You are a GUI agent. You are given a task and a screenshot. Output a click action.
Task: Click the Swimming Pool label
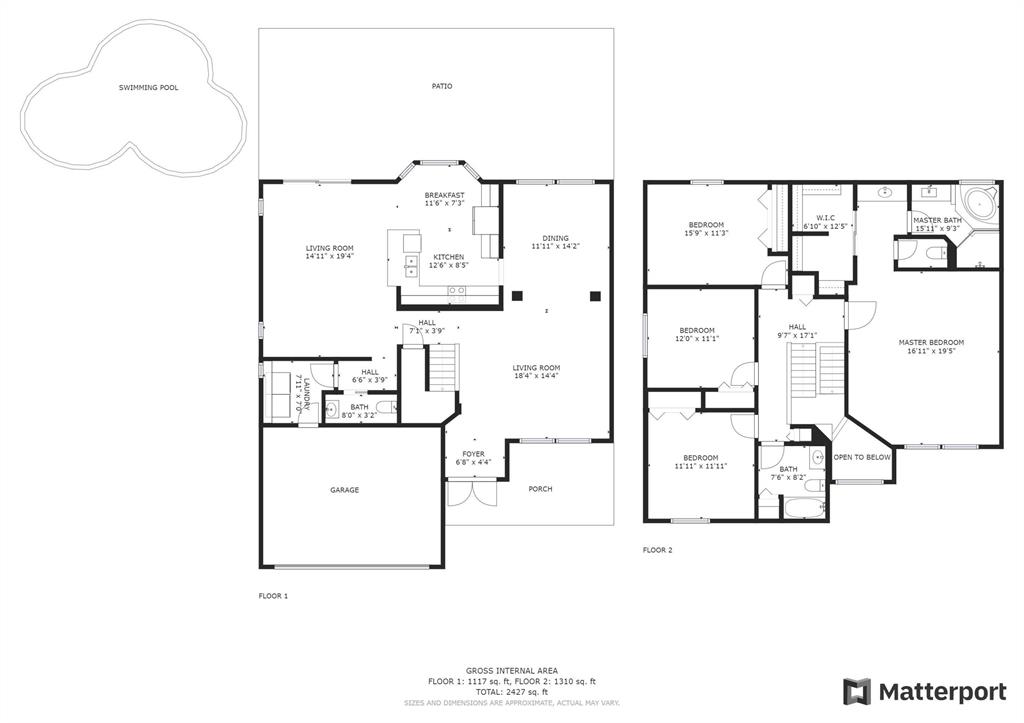[x=148, y=88]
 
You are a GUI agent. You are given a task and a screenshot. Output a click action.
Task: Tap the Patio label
[x=441, y=86]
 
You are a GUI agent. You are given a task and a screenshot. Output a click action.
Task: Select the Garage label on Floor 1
[x=344, y=490]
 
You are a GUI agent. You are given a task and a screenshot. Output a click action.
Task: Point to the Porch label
[x=540, y=489]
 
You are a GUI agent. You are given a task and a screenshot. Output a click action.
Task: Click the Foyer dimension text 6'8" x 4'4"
[x=473, y=462]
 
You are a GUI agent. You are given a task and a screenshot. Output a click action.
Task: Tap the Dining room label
[x=555, y=238]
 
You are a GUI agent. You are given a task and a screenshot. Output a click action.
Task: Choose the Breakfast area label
[x=445, y=195]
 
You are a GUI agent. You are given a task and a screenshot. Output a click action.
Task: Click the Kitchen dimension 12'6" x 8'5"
[x=449, y=265]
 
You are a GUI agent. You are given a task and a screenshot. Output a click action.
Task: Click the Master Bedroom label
[x=931, y=342]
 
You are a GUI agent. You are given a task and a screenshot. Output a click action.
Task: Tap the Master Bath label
[x=937, y=220]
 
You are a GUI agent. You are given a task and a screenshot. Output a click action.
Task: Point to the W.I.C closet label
[x=825, y=218]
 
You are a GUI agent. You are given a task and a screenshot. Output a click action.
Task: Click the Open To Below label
[x=862, y=457]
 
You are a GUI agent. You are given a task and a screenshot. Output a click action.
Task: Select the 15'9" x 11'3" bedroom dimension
[x=706, y=233]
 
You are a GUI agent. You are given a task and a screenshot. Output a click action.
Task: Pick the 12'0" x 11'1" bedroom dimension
[x=697, y=338]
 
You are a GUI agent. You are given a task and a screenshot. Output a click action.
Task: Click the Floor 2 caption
[x=657, y=550]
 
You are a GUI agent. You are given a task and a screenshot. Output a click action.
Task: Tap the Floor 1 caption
[x=273, y=596]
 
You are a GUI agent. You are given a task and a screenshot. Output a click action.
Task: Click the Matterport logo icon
[x=857, y=692]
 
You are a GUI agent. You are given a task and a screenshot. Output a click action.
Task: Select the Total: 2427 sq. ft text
[x=511, y=692]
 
